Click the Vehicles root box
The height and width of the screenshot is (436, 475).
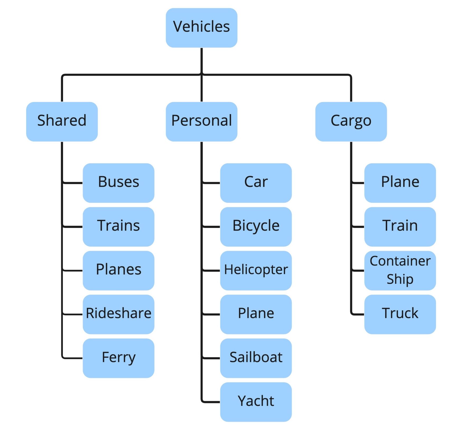[x=201, y=28]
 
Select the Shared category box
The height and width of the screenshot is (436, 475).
[x=62, y=121]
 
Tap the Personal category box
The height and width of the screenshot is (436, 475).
[x=201, y=121]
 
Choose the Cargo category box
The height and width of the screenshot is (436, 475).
[x=351, y=121]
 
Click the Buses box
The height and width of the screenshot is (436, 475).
[x=118, y=183]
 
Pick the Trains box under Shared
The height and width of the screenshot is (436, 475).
[x=118, y=226]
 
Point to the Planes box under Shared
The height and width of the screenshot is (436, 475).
[x=118, y=270]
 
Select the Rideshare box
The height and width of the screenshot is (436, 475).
[x=118, y=314]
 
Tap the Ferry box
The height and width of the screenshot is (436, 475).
[x=118, y=358]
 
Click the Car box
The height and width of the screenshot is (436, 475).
[x=256, y=183]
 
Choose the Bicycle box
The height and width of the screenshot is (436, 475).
[x=256, y=226]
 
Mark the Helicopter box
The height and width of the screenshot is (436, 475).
[x=256, y=270]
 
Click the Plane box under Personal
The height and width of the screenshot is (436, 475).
[x=256, y=314]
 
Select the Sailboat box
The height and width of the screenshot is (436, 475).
[x=256, y=358]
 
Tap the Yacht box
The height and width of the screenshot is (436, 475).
[x=256, y=401]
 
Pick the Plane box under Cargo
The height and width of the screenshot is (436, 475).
[x=400, y=183]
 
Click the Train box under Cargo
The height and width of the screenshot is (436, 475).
[x=400, y=226]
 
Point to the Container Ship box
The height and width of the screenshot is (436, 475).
[x=400, y=270]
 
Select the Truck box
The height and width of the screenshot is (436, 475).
[x=400, y=314]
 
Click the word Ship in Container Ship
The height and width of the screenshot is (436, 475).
[x=400, y=279]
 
